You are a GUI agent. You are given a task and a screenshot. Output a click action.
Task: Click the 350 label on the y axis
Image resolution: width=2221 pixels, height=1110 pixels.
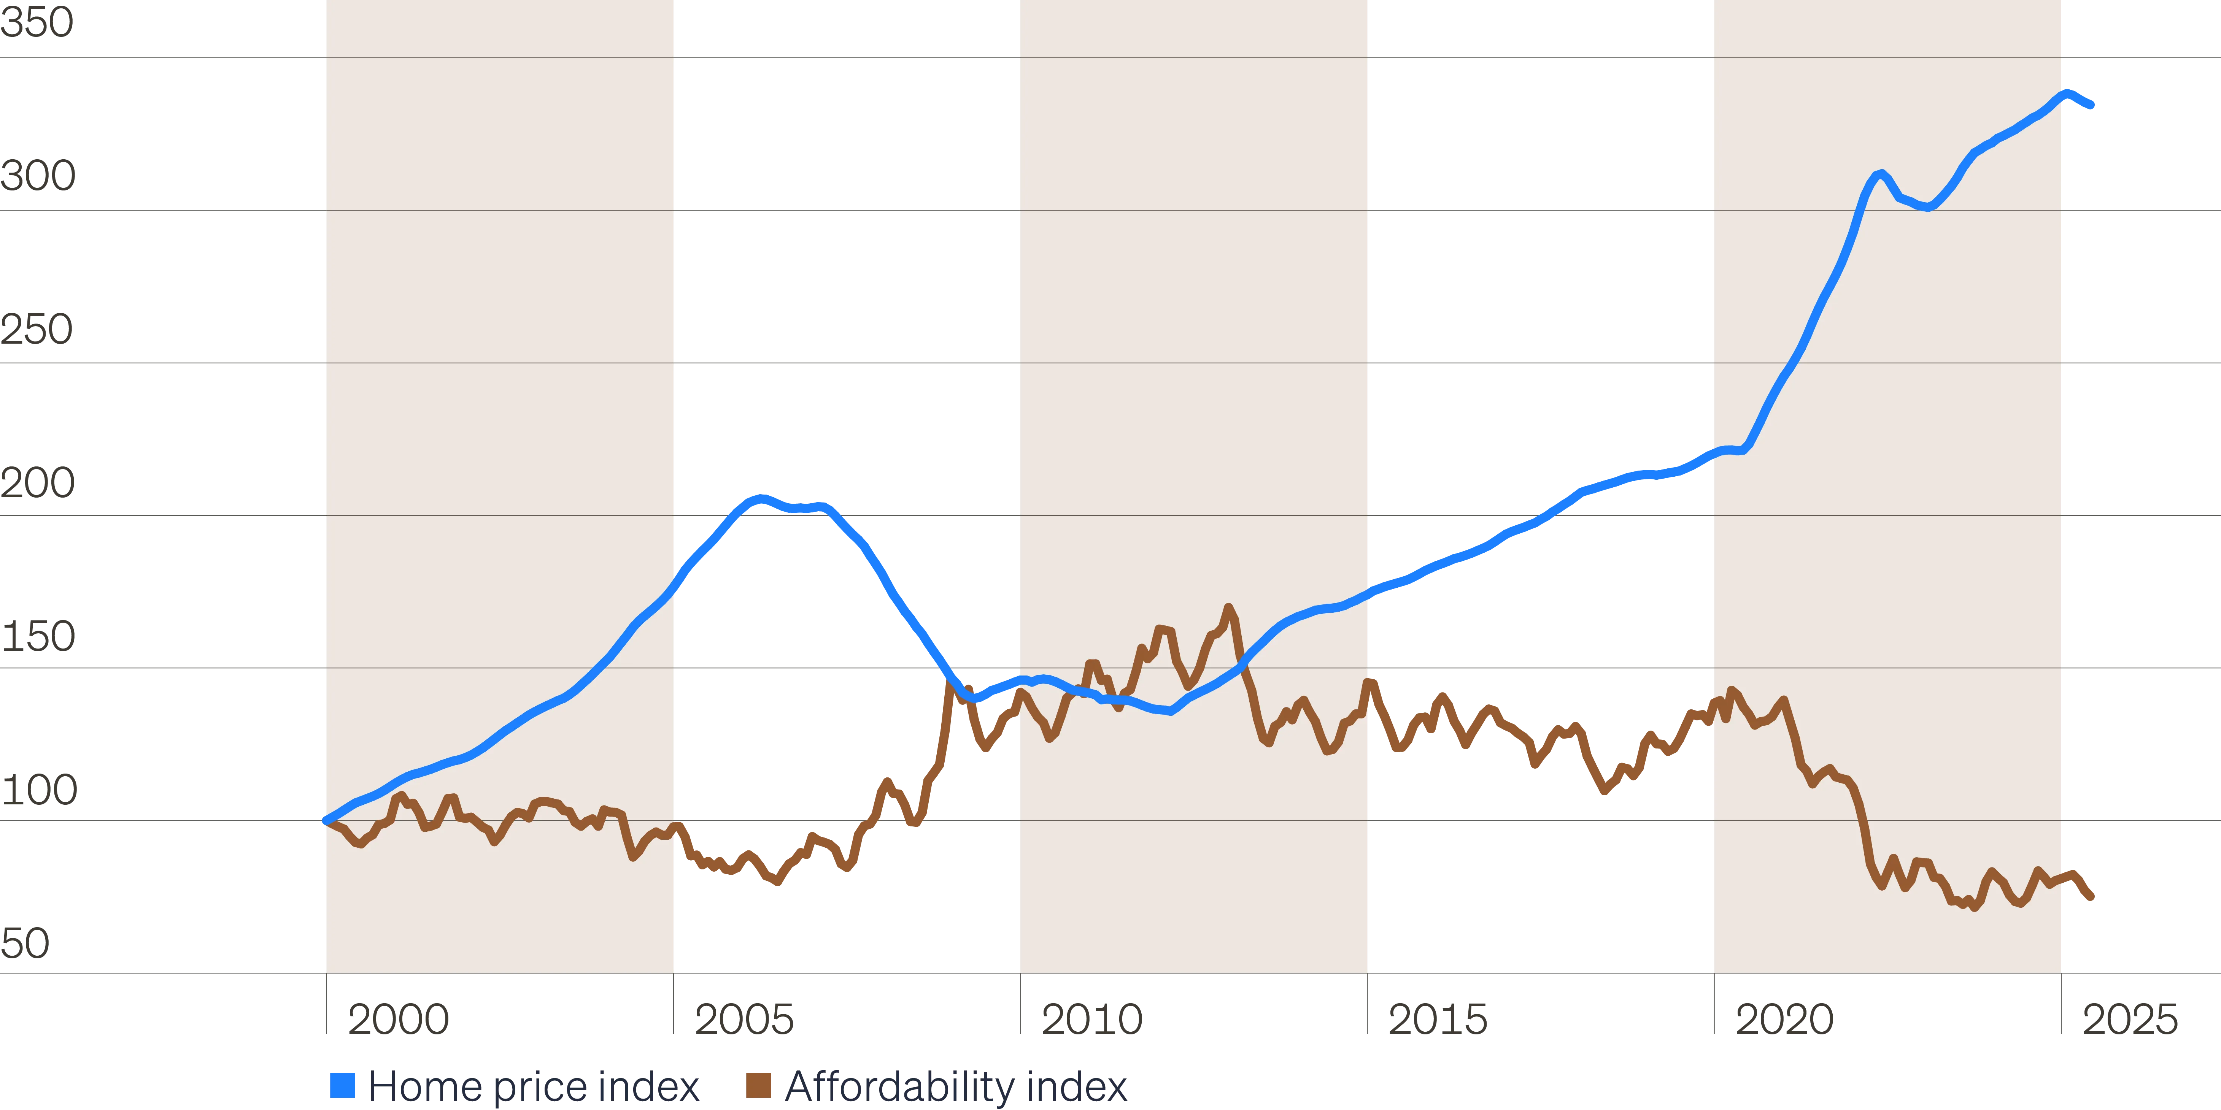point(37,22)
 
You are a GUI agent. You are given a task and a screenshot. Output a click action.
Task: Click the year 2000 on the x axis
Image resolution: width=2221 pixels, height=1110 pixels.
point(398,1020)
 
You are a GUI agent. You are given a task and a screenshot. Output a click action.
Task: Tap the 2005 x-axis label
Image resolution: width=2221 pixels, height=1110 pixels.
point(744,1020)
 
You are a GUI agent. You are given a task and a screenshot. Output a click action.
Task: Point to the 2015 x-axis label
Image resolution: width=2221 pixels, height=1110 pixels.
point(1437,1020)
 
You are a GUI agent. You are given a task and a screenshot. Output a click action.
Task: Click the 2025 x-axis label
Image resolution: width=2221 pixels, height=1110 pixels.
point(2130,1020)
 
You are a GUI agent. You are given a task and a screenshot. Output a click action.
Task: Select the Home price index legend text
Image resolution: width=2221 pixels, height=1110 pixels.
point(534,1086)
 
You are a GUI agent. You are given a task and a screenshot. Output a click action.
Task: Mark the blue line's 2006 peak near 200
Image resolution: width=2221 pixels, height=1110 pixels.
point(759,498)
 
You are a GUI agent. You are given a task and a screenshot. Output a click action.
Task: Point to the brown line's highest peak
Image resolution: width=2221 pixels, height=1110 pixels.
point(1229,609)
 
